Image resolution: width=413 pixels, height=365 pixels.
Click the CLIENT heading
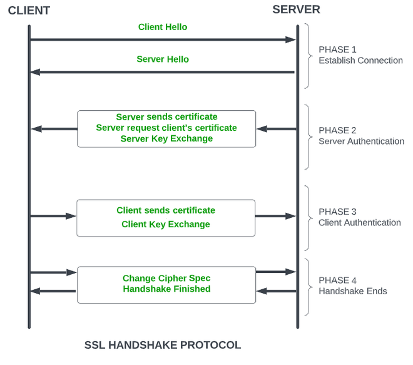(x=29, y=11)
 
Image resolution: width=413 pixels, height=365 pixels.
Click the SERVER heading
(x=296, y=9)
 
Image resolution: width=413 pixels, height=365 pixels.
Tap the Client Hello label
(x=163, y=27)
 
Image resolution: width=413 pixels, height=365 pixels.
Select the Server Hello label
(x=163, y=59)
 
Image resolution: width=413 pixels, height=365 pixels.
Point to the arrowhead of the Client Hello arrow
(x=290, y=39)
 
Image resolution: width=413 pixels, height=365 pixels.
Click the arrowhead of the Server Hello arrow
(x=36, y=72)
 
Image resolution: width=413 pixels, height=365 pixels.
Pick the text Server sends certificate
(x=166, y=117)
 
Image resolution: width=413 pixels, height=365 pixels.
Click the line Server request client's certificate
(x=166, y=128)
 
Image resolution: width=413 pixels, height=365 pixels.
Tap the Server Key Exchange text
(x=166, y=138)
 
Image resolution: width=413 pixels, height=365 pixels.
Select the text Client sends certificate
(x=166, y=210)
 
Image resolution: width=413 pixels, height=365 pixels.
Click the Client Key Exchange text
(x=166, y=224)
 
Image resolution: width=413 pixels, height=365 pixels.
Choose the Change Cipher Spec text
(x=166, y=278)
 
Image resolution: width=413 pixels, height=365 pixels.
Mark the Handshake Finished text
(x=166, y=289)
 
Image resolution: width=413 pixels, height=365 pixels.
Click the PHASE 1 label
(x=338, y=49)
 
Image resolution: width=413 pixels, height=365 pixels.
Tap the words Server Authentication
(x=361, y=141)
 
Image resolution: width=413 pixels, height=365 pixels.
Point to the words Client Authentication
(x=360, y=223)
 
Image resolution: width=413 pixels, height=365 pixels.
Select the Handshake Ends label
(x=353, y=291)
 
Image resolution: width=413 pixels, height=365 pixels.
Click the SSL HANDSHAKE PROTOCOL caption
(x=163, y=345)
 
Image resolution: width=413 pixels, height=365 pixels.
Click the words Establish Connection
(x=360, y=61)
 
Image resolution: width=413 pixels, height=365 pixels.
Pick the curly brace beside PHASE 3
(x=307, y=216)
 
